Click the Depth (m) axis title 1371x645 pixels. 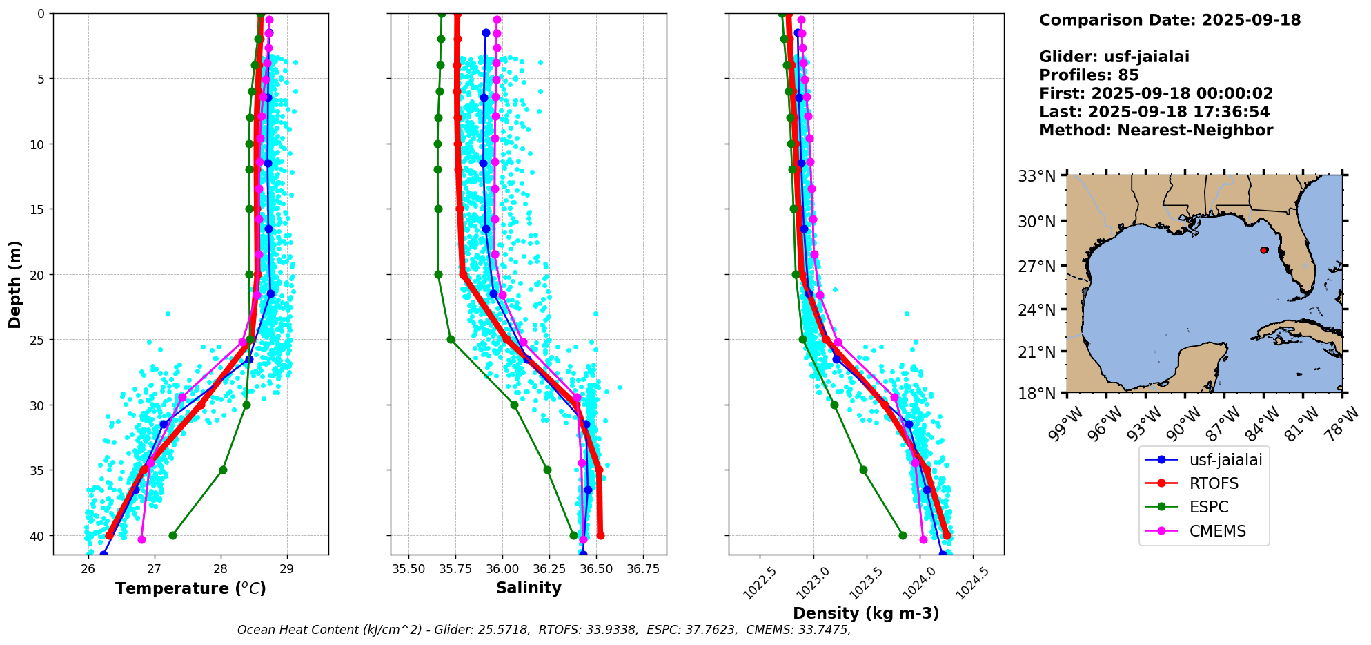point(15,284)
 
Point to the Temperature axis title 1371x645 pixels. point(190,588)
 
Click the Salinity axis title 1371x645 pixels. point(529,588)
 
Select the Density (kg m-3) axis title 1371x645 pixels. point(866,613)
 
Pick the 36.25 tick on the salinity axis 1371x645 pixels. point(549,568)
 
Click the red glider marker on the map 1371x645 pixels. point(1264,250)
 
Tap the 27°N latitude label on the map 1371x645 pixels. point(1038,267)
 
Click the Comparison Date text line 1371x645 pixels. point(1170,20)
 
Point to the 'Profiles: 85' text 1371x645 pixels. point(1089,75)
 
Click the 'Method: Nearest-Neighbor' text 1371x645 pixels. point(1156,131)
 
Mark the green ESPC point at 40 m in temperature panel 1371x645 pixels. point(172,535)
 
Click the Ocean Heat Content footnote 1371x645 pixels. point(544,630)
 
